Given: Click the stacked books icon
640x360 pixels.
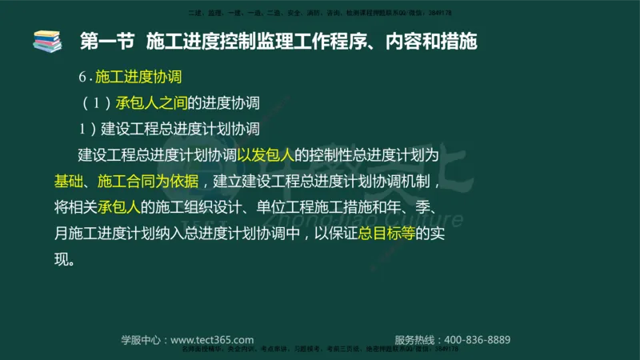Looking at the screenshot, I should [x=46, y=41].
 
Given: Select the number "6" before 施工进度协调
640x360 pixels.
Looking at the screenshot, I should [x=82, y=78].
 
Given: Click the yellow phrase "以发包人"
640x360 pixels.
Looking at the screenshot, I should [x=266, y=154].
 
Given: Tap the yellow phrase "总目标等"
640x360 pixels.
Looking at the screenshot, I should [x=387, y=233].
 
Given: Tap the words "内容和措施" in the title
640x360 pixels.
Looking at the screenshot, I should [x=437, y=41].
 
